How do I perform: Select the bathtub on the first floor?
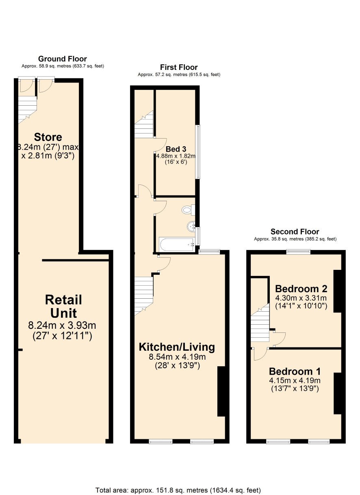pos(176,244)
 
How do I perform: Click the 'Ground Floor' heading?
pos(62,59)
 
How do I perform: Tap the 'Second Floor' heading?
pos(295,232)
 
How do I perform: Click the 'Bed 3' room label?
pos(176,149)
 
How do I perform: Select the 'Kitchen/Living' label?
pos(177,347)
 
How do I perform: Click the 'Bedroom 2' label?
pos(301,289)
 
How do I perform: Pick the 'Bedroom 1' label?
pos(295,371)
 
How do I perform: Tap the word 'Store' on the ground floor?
pos(48,137)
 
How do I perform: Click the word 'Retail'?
pos(63,300)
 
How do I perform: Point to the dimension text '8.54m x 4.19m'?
pos(177,357)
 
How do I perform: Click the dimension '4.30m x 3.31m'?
pos(301,298)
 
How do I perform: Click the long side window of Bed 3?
pos(198,152)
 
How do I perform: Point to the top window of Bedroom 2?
pos(298,252)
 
